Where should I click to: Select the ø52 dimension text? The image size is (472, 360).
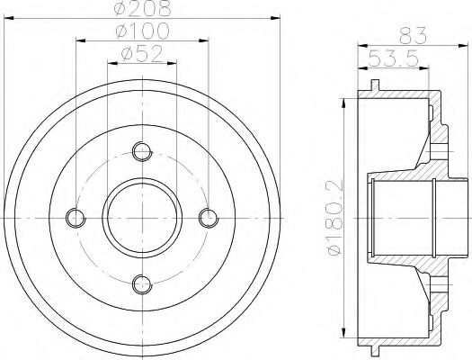(x=141, y=55)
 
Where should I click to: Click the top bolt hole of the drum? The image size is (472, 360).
(x=141, y=150)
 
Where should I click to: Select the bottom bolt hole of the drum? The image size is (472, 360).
(x=141, y=284)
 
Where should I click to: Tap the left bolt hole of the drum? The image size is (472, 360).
(x=76, y=217)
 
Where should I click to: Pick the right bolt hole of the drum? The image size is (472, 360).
(x=208, y=217)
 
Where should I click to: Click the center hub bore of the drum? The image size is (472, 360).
(x=141, y=217)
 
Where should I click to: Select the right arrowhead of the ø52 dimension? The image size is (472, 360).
(x=174, y=64)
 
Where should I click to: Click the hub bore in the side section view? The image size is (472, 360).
(x=402, y=217)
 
